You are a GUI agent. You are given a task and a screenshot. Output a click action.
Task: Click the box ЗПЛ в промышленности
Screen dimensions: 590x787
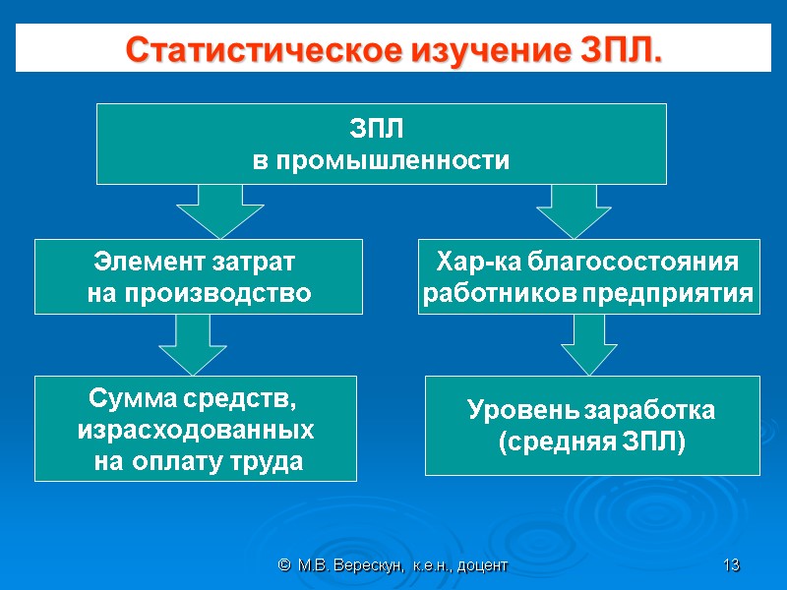tap(381, 144)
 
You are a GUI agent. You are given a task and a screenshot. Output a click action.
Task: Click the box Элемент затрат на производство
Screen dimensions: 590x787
tap(199, 276)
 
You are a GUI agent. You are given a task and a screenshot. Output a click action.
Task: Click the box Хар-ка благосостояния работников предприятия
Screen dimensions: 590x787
tap(588, 276)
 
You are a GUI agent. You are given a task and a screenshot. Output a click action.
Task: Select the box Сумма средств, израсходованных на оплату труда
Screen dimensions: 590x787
tap(196, 428)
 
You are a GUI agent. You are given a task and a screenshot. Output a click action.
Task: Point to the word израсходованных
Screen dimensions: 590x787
tap(196, 430)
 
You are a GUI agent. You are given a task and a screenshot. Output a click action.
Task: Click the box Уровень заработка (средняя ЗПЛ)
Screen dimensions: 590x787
tap(591, 425)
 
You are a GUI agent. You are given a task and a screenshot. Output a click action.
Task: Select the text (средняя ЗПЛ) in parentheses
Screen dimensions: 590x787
tap(591, 442)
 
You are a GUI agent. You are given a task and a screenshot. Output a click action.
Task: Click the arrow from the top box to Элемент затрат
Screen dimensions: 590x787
tap(219, 209)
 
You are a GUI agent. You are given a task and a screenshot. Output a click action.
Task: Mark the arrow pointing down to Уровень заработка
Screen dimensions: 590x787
tap(588, 344)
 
